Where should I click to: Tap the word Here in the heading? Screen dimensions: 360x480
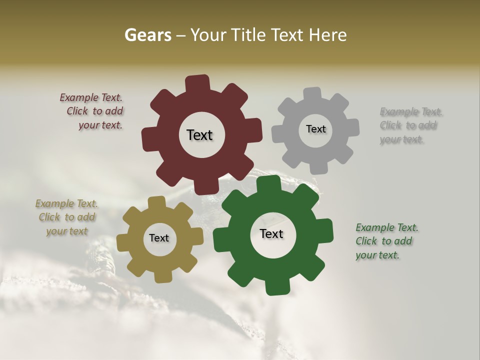(328, 35)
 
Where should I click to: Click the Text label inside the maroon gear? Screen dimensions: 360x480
(199, 135)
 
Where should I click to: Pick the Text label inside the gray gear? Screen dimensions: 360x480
(315, 129)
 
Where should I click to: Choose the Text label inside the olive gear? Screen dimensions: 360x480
(159, 238)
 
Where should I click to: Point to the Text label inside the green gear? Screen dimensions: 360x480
(271, 234)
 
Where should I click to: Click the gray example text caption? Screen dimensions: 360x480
(409, 125)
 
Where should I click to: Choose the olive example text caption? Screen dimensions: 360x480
(66, 217)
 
